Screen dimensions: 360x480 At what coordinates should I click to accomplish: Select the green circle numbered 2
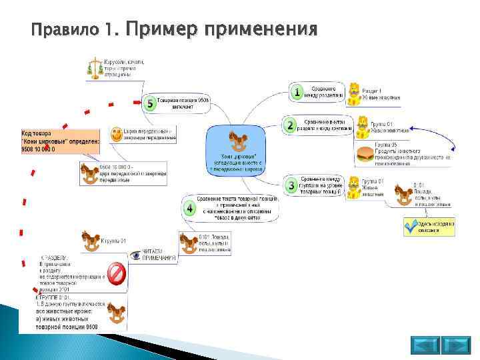(x=290, y=125)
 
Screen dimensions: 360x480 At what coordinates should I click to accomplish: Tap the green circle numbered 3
(x=291, y=185)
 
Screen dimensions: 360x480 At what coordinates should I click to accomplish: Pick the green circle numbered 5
(x=150, y=103)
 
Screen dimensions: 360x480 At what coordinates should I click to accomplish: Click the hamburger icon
(x=365, y=155)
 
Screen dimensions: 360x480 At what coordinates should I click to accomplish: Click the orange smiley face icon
(x=116, y=134)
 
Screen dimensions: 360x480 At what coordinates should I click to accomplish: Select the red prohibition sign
(x=117, y=273)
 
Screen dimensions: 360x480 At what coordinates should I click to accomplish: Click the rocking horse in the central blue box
(x=239, y=141)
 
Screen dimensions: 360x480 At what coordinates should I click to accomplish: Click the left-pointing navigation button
(x=424, y=345)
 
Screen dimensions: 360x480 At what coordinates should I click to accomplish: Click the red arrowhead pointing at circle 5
(x=137, y=102)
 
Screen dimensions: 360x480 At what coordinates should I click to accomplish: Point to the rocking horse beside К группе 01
(x=92, y=239)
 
